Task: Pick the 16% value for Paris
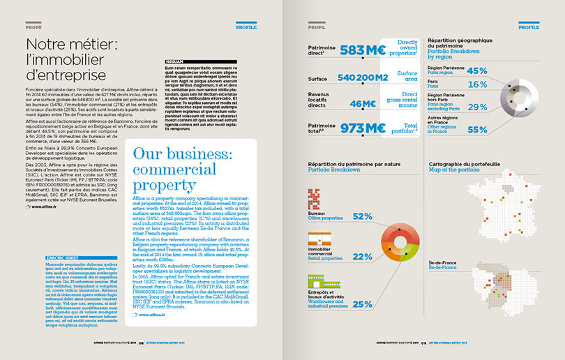[x=477, y=84]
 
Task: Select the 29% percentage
[x=477, y=107]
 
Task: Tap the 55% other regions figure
[x=477, y=129]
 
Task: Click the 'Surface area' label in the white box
[x=407, y=76]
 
